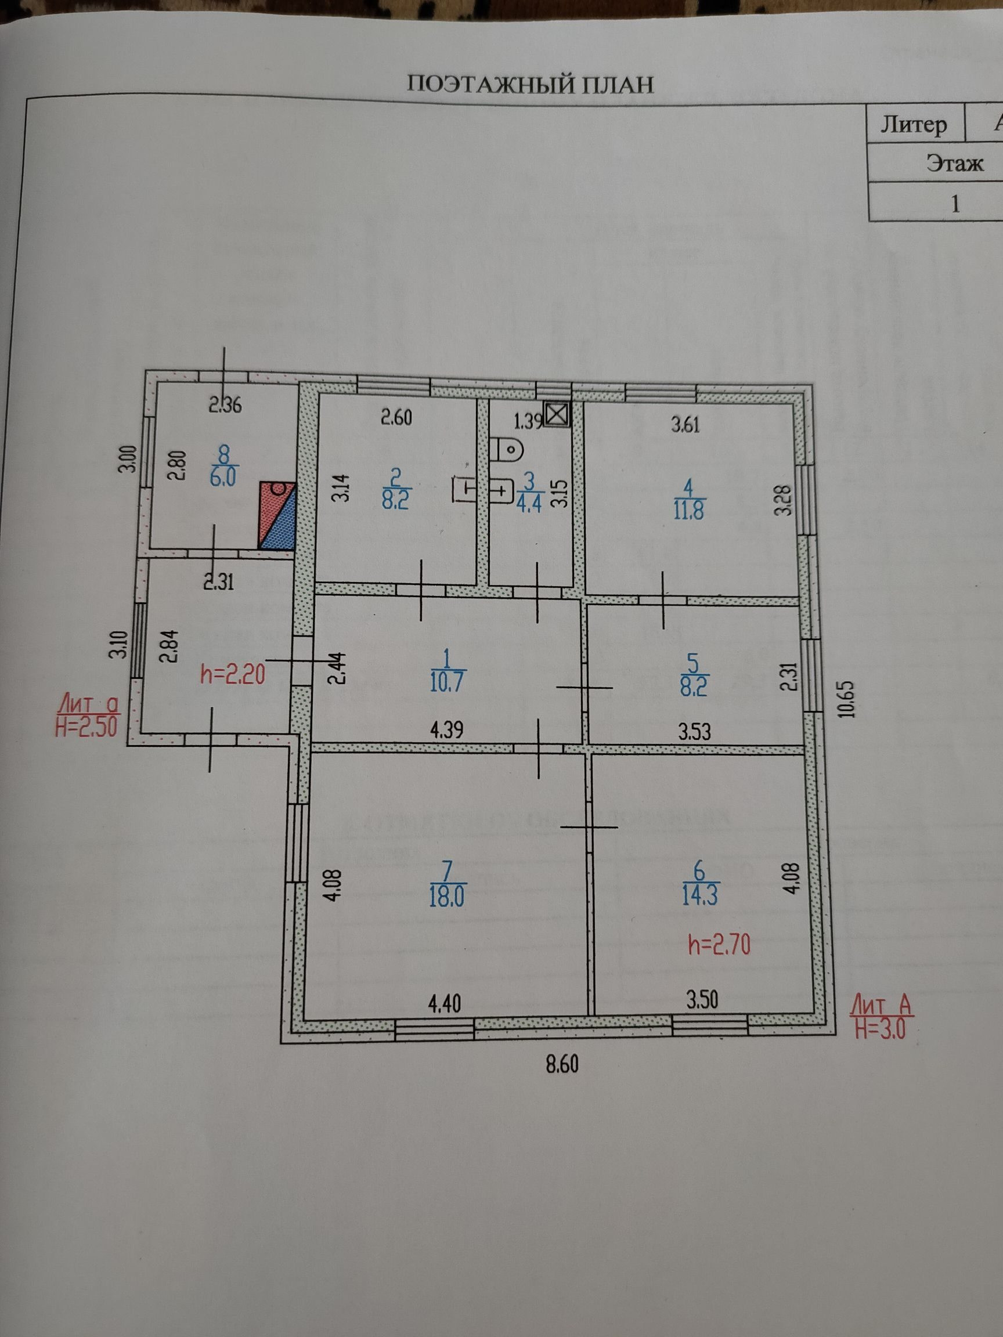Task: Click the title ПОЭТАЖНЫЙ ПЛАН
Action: tap(530, 85)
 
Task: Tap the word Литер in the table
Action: tap(913, 125)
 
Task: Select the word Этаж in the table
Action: tap(955, 163)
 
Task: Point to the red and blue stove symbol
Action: tap(277, 515)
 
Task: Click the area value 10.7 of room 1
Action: tap(446, 682)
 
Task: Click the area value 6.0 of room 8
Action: tap(223, 477)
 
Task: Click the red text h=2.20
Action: tap(233, 674)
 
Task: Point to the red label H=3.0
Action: tap(881, 1028)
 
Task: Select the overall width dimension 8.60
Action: tap(562, 1063)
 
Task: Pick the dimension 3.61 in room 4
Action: tap(685, 424)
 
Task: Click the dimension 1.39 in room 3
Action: tap(528, 421)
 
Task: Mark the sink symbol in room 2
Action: tap(464, 489)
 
